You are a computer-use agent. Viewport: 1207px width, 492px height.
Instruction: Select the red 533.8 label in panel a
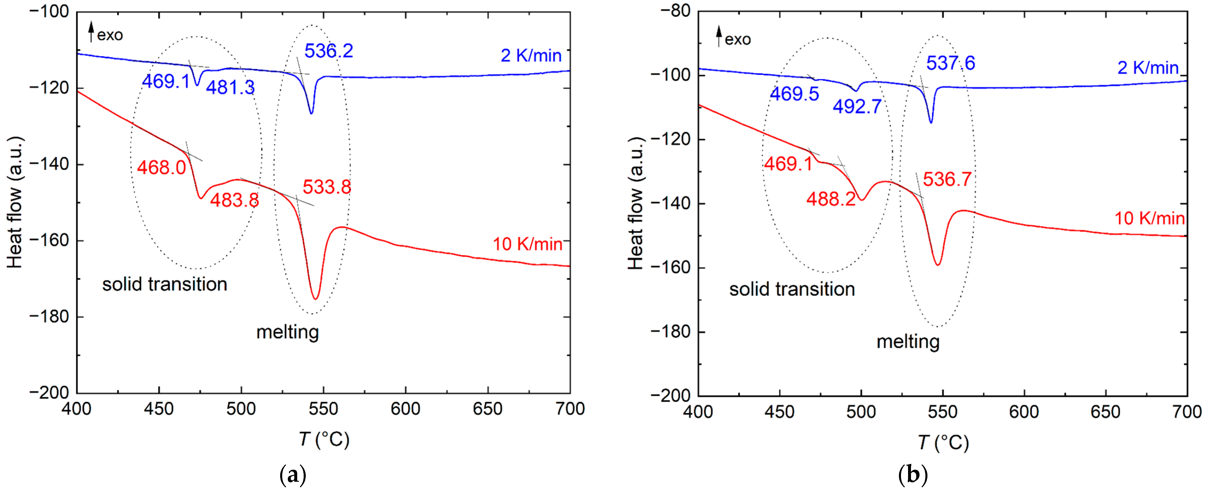[327, 187]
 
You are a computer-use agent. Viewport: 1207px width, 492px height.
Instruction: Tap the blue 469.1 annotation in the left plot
[166, 82]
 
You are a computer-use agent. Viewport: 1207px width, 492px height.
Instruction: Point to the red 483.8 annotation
[234, 200]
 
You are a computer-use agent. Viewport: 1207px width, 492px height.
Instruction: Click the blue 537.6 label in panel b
[950, 63]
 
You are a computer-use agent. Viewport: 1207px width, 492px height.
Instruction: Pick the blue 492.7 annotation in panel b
[857, 107]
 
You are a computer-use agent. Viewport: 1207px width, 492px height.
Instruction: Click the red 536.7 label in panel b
[947, 179]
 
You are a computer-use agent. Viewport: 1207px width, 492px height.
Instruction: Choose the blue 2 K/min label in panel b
[1147, 68]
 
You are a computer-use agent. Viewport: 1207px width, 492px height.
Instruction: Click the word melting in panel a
[288, 332]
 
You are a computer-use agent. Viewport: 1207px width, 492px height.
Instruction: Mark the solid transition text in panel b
[792, 289]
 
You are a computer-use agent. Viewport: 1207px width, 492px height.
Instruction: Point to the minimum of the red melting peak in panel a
[316, 299]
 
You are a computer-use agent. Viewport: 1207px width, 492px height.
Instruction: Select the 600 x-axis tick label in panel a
[405, 409]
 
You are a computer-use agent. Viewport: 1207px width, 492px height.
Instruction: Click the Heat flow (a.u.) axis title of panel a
[15, 202]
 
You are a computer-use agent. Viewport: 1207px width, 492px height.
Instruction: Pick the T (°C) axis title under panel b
[943, 442]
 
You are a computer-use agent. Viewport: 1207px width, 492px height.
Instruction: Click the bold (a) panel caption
[293, 476]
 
